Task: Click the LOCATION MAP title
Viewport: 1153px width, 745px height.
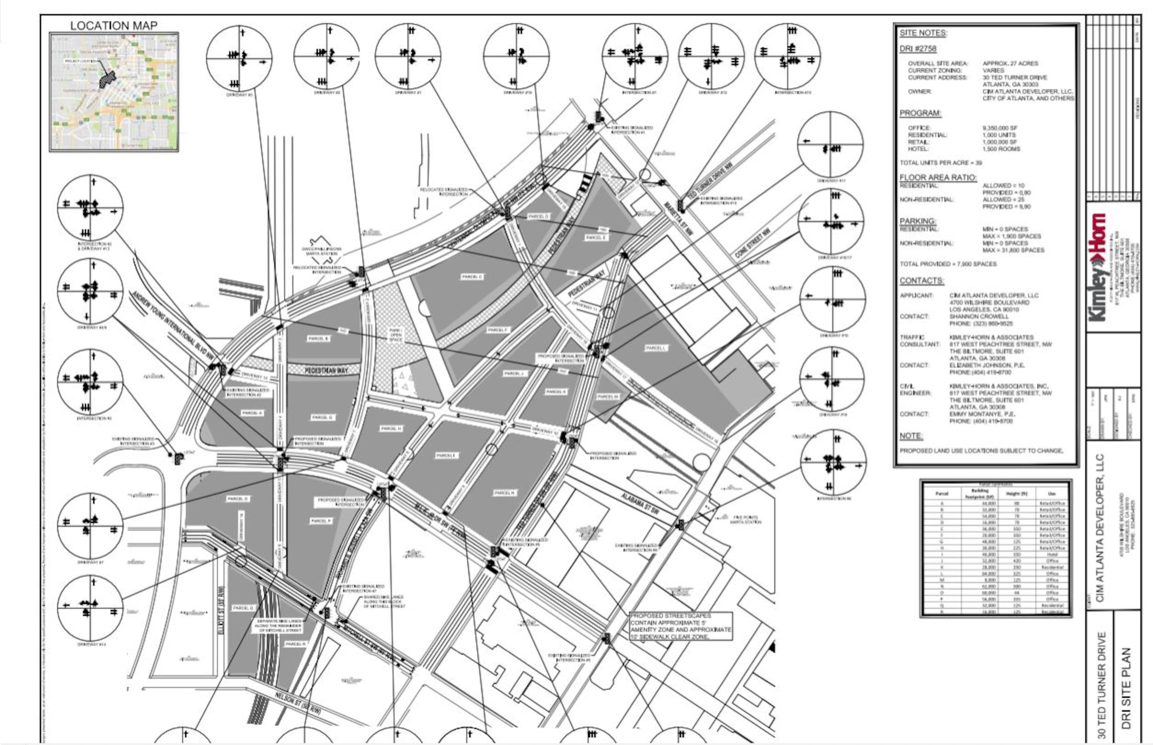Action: [114, 26]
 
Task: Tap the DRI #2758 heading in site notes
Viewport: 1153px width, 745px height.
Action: [918, 49]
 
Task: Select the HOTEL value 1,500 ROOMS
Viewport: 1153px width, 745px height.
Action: [1001, 149]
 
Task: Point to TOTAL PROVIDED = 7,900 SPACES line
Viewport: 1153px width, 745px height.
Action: [948, 264]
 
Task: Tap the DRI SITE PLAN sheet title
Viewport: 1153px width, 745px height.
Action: [1126, 687]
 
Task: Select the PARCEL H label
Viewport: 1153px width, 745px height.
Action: [391, 429]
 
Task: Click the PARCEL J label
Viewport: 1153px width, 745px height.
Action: [513, 374]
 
